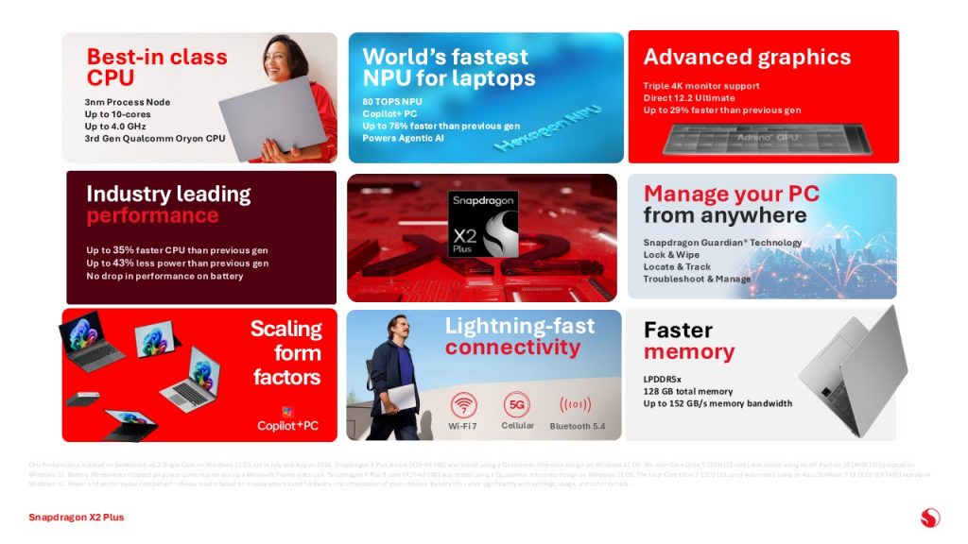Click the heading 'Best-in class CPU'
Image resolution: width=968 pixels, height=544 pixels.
tap(156, 66)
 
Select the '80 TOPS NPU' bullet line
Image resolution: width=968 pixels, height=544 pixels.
tap(392, 101)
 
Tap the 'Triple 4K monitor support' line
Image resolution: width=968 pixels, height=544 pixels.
tap(700, 86)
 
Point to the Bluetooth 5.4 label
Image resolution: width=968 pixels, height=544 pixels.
tap(577, 427)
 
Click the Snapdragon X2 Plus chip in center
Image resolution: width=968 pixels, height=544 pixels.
tap(482, 224)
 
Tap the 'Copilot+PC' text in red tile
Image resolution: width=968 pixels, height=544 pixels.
tap(287, 426)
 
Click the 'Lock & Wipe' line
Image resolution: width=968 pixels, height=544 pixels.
tap(672, 255)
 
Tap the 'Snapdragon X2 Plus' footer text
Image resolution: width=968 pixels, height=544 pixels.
tap(76, 518)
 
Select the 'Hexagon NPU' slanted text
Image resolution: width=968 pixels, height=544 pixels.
tap(534, 132)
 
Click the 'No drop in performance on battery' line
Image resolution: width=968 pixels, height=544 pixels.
tap(164, 276)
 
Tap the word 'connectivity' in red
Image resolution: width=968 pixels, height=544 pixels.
tap(512, 348)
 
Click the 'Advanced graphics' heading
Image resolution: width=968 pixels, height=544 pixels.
tap(747, 57)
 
